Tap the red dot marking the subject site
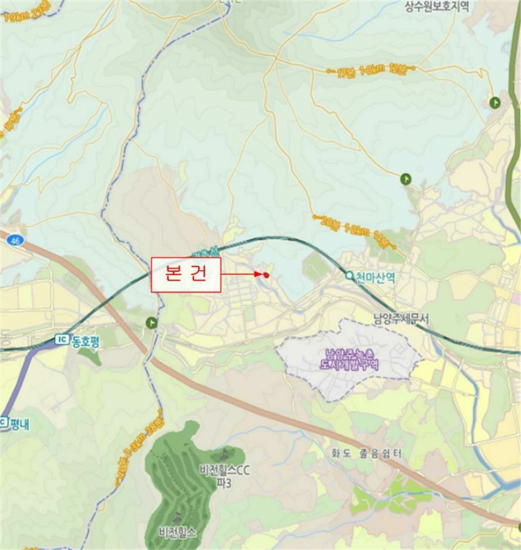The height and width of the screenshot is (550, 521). pos(266,275)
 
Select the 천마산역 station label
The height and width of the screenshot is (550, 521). pos(375,277)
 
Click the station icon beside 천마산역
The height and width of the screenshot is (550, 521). pos(350,276)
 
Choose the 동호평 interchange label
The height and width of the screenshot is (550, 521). pos(87,341)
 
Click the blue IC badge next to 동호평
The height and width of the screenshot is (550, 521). pos(62,340)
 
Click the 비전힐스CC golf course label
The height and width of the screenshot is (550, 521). pos(225,471)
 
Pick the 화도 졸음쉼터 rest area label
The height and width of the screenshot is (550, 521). pos(367,453)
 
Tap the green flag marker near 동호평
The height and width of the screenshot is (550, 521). pos(151,322)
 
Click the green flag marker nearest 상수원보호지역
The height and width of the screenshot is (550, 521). pos(495,103)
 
